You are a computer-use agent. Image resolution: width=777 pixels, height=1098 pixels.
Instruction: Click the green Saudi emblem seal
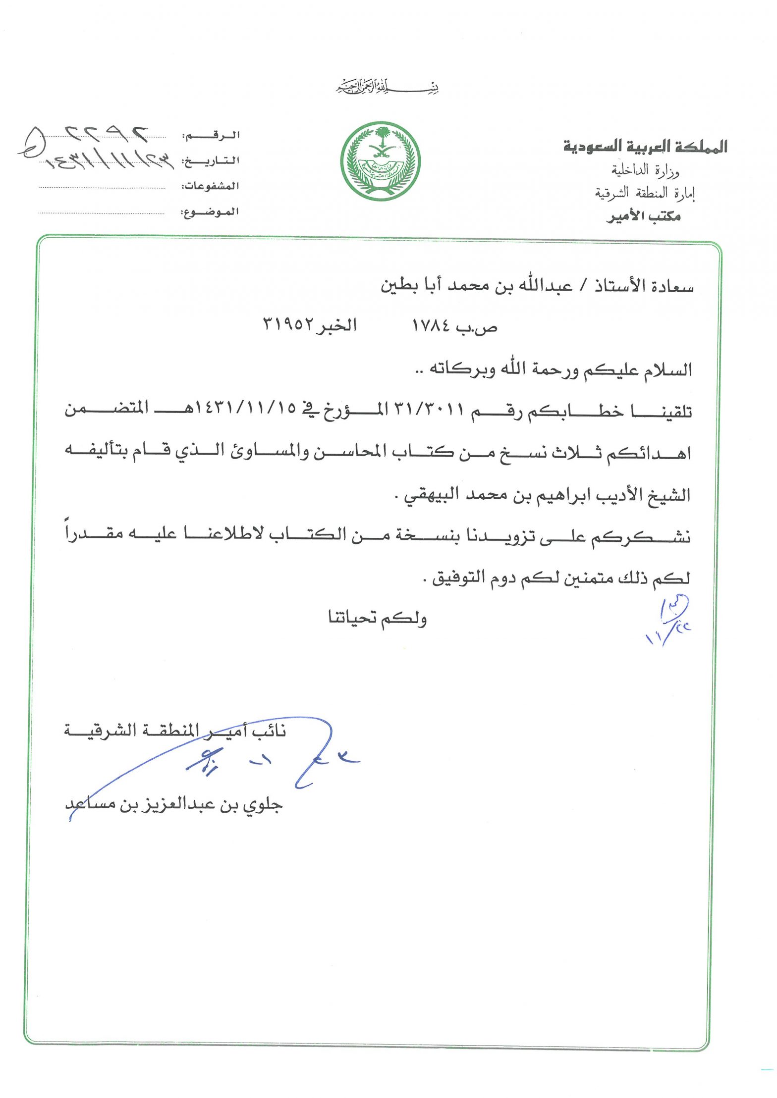pyautogui.click(x=380, y=161)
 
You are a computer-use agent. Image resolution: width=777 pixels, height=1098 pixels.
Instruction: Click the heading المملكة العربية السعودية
pyautogui.click(x=645, y=146)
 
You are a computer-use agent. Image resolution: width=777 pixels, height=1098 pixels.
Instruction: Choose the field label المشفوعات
pyautogui.click(x=210, y=187)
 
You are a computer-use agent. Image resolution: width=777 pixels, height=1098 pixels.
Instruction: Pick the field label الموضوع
pyautogui.click(x=210, y=212)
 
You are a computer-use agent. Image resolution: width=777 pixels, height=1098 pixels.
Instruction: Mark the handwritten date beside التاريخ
pyautogui.click(x=109, y=160)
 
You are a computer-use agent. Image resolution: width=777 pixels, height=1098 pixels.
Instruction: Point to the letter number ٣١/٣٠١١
pyautogui.click(x=429, y=409)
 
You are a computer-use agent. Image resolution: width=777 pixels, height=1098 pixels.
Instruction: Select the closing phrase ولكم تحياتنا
pyautogui.click(x=377, y=618)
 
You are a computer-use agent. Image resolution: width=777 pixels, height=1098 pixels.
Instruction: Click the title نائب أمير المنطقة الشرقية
pyautogui.click(x=175, y=731)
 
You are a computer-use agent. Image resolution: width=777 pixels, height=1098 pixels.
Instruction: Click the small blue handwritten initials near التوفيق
pyautogui.click(x=669, y=619)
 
